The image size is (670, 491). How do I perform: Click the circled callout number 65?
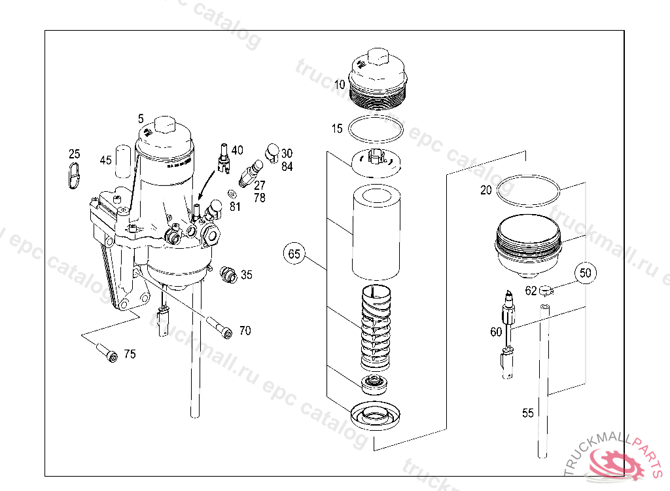294,253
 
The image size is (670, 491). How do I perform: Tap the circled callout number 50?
586,273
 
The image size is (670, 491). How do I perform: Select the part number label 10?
340,84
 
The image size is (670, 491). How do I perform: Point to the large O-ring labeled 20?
528,176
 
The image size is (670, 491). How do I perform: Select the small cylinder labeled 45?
123,161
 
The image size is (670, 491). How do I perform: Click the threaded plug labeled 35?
228,274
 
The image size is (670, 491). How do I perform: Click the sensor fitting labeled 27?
251,173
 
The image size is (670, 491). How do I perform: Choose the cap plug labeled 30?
272,153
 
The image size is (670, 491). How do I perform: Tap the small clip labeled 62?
546,291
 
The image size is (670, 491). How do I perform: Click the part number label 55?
528,413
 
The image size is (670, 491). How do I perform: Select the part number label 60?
496,333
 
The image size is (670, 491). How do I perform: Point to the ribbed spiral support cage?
376,327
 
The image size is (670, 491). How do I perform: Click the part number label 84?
287,166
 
